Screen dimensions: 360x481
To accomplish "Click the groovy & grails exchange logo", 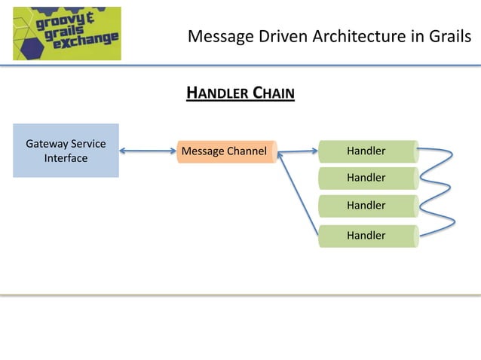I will click(x=66, y=34).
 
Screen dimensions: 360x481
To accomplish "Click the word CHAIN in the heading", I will click(x=273, y=93).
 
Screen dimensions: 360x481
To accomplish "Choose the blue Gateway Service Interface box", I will click(x=66, y=151).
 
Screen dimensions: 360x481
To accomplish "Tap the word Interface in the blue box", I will click(x=66, y=158).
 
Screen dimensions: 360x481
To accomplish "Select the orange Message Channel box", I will click(x=226, y=151).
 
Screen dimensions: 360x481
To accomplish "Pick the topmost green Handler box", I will click(x=367, y=151).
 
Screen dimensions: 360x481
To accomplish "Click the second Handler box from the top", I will click(x=367, y=178).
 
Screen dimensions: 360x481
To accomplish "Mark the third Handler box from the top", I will click(x=367, y=205).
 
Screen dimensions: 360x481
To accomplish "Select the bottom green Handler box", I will click(x=367, y=236).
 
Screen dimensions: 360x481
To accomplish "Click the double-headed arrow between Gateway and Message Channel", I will click(x=148, y=151).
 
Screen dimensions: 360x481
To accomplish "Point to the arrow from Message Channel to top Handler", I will click(x=299, y=152).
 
